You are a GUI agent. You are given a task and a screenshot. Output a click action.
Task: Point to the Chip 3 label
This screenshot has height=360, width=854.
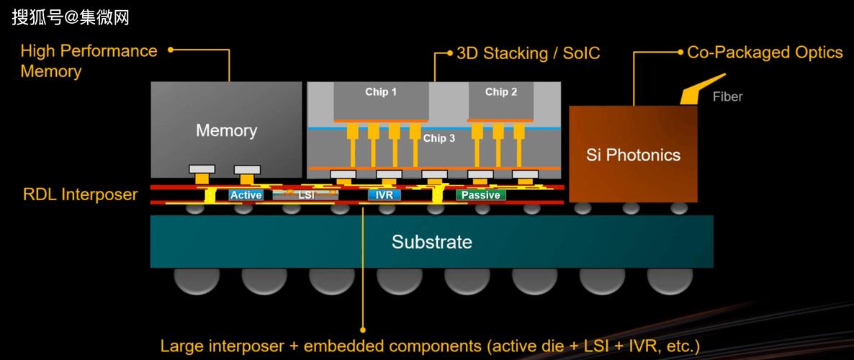(439, 138)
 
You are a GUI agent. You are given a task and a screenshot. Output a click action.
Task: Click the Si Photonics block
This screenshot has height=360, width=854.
(633, 154)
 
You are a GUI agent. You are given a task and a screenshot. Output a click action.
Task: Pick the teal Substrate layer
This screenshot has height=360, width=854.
(432, 241)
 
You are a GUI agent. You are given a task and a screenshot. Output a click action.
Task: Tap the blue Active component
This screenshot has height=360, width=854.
(246, 195)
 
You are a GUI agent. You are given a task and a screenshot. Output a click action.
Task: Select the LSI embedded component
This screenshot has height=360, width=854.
(305, 194)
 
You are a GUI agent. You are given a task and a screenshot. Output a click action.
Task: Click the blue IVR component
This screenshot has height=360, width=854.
(384, 195)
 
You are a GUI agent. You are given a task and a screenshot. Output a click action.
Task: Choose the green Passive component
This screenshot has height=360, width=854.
(480, 195)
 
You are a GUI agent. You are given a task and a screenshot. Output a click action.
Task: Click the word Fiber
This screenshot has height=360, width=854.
(727, 96)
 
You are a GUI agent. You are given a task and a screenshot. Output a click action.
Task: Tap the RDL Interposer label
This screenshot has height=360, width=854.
(80, 194)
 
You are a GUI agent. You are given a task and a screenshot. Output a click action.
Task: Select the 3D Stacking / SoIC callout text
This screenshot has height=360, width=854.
(528, 53)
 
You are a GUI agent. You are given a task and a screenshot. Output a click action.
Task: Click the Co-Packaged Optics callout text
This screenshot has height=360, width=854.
(765, 53)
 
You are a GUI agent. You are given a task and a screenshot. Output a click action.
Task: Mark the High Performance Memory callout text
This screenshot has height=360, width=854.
(88, 60)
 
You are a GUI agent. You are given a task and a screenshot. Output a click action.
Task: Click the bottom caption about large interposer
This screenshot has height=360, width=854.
(429, 346)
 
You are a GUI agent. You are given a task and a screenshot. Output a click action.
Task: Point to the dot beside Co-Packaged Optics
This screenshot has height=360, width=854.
(680, 52)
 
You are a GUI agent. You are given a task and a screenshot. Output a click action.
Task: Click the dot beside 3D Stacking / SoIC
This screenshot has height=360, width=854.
(449, 53)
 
